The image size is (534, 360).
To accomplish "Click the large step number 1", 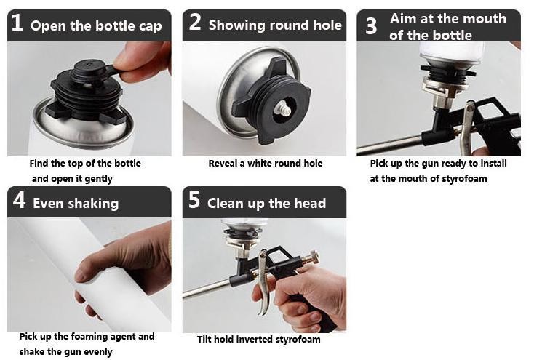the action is click(17, 23).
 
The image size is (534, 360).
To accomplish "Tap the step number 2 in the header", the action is click(195, 22).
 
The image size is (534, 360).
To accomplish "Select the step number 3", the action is click(371, 26).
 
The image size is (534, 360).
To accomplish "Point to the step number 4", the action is click(19, 200).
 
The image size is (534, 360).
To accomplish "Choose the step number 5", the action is click(194, 200).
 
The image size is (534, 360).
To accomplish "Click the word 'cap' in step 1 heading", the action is click(150, 27).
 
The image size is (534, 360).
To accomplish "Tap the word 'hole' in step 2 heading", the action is click(327, 25).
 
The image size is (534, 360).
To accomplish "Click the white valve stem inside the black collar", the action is click(282, 109).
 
